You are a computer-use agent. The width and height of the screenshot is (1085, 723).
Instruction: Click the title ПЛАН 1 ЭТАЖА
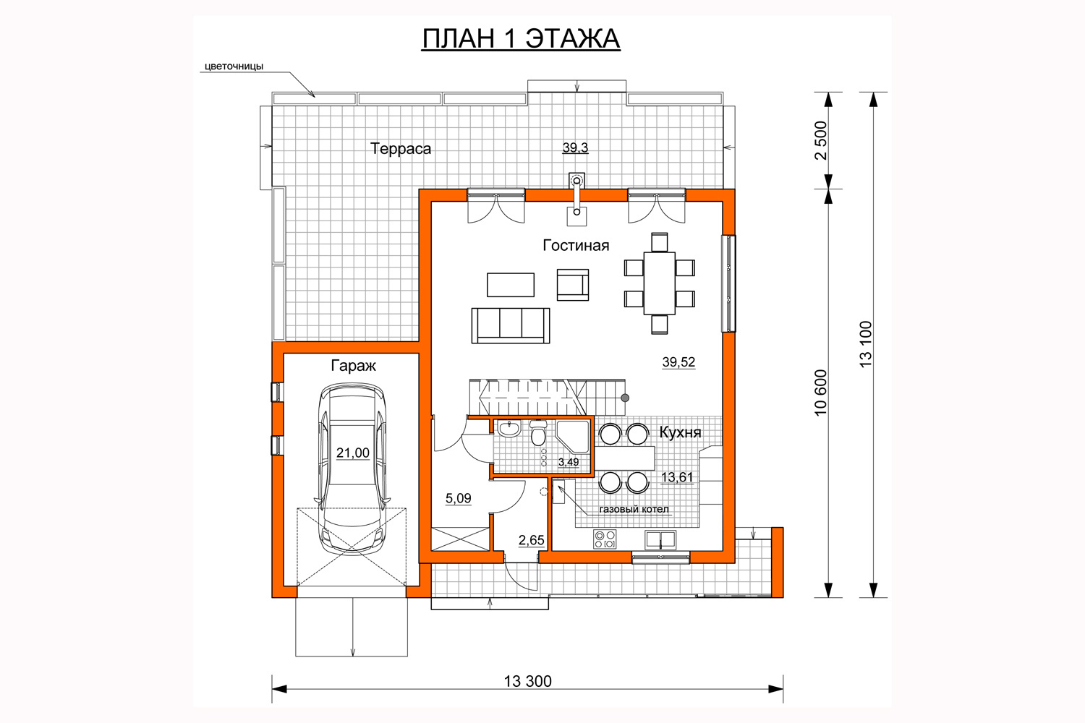pos(521,39)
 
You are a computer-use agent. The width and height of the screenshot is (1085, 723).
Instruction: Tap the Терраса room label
pos(401,149)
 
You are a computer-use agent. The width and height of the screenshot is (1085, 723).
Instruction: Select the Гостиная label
pos(576,246)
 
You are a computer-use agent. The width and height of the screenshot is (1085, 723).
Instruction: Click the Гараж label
pos(353,366)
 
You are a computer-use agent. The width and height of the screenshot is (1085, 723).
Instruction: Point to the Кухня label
pos(680,432)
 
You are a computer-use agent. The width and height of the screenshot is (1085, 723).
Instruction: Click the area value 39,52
pos(678,361)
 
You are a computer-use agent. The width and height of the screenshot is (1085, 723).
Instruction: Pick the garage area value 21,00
pos(353,453)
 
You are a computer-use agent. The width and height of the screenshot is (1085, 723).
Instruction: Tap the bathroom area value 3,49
pos(569,462)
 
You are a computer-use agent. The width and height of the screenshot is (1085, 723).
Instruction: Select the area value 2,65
pos(532,540)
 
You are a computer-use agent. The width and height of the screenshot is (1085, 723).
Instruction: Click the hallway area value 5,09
pos(458,498)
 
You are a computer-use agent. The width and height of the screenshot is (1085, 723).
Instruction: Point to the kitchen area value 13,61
pos(677,477)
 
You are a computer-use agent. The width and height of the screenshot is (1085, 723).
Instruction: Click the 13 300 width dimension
pos(527,681)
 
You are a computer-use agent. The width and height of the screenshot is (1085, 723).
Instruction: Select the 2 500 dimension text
pos(821,140)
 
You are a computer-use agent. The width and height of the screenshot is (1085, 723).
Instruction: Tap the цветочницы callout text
pos(234,67)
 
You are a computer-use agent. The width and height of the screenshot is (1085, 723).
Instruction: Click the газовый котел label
pos(634,510)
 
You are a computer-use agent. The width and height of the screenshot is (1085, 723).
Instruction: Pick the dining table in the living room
pos(659,283)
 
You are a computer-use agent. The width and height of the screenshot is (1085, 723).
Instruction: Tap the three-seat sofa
pos(511,325)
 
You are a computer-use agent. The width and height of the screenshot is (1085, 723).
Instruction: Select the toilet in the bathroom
pos(538,432)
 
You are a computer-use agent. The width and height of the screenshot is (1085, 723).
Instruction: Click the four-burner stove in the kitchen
pos(605,539)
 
